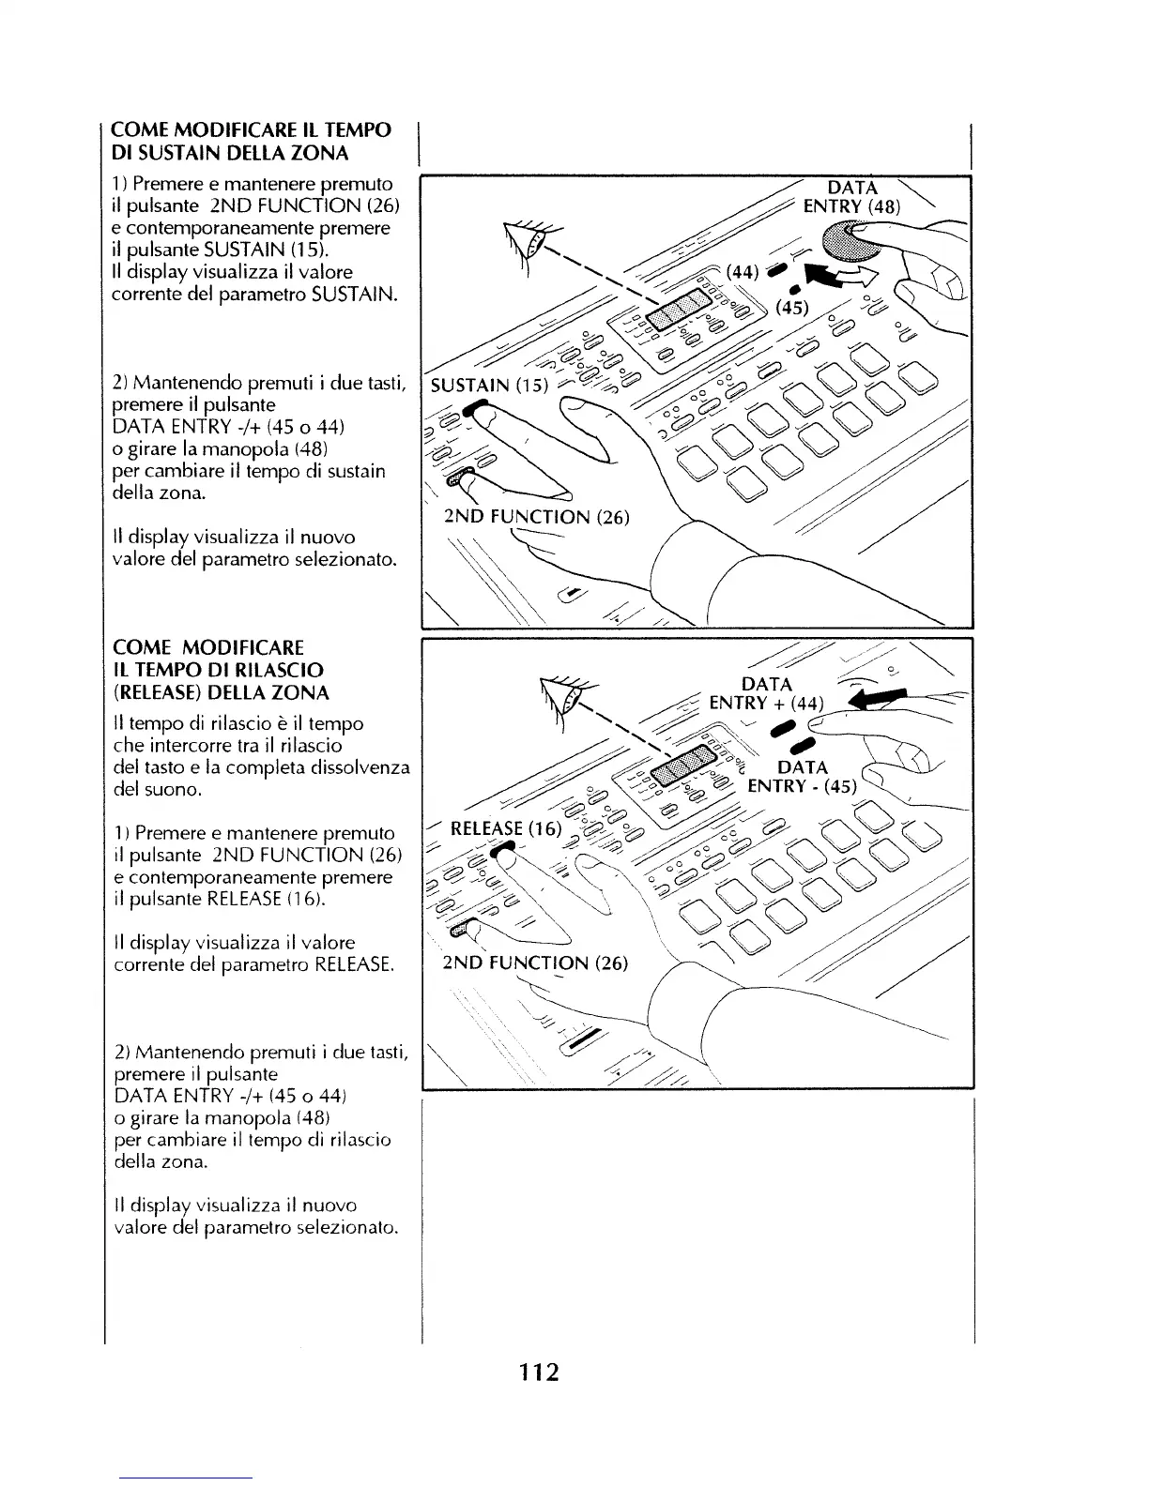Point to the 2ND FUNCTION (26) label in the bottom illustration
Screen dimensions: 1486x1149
coord(535,963)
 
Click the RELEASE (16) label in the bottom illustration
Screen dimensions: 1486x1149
coord(506,828)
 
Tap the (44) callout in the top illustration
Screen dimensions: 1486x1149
coord(742,271)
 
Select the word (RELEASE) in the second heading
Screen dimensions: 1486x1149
coord(155,693)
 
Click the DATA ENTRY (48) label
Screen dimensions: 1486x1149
coord(851,196)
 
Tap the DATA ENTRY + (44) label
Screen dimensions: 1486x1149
coord(766,694)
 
